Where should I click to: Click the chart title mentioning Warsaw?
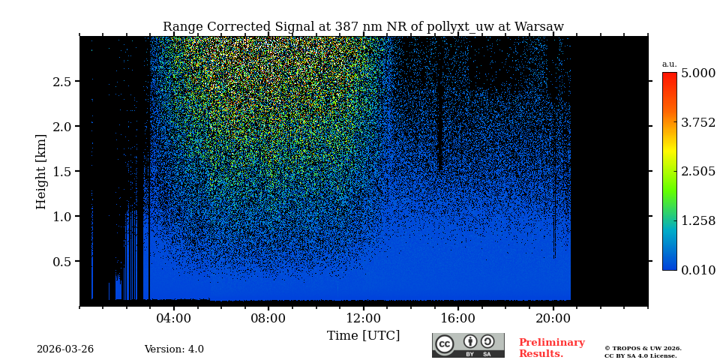click(363, 27)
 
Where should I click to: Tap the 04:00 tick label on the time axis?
click(174, 318)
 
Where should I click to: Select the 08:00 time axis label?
click(268, 318)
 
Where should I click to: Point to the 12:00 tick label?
click(363, 318)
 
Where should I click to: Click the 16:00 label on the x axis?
click(458, 318)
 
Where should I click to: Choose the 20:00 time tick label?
click(553, 318)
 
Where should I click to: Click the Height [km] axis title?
click(41, 171)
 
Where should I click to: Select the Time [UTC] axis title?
click(363, 335)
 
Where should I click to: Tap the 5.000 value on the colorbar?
click(697, 73)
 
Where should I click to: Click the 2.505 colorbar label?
click(697, 172)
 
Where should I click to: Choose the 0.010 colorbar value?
click(697, 270)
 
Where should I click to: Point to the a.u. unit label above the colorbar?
click(669, 64)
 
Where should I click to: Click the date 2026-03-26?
click(65, 349)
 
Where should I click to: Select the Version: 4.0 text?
click(174, 349)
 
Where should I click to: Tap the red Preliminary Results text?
click(551, 348)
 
